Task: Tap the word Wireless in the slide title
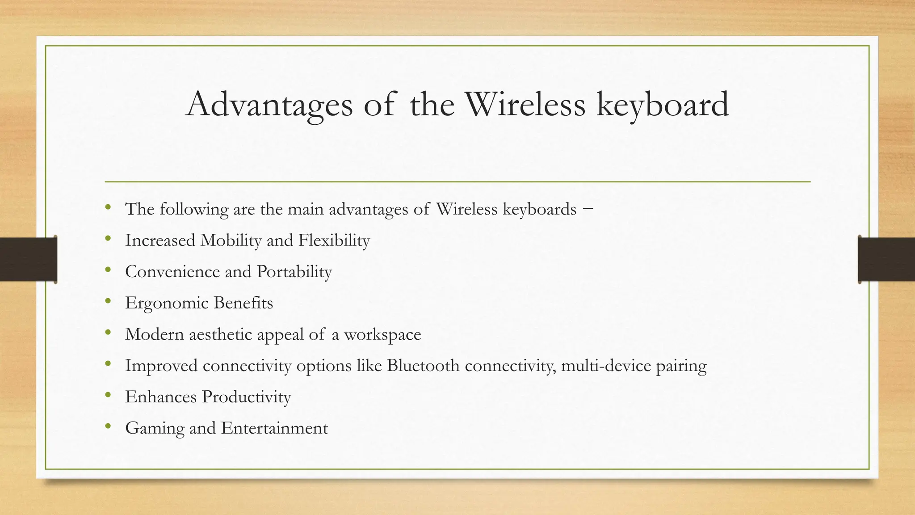point(525,104)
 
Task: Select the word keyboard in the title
point(663,105)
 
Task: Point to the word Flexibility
point(334,241)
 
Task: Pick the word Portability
point(294,272)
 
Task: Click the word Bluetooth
point(423,366)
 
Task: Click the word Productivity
point(246,397)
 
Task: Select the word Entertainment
point(274,428)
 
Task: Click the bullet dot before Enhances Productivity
point(108,395)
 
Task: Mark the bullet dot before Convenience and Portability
point(108,270)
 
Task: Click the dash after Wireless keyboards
point(588,209)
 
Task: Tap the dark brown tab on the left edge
point(28,259)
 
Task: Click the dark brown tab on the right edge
point(886,259)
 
